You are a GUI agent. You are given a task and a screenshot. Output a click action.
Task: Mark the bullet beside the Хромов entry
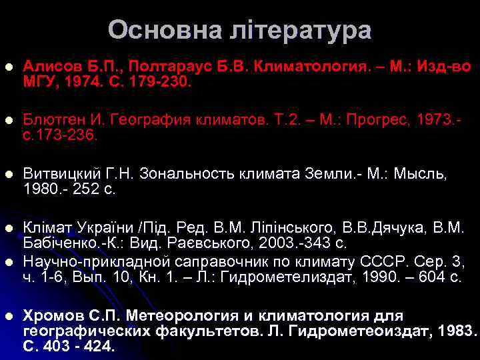8,315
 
